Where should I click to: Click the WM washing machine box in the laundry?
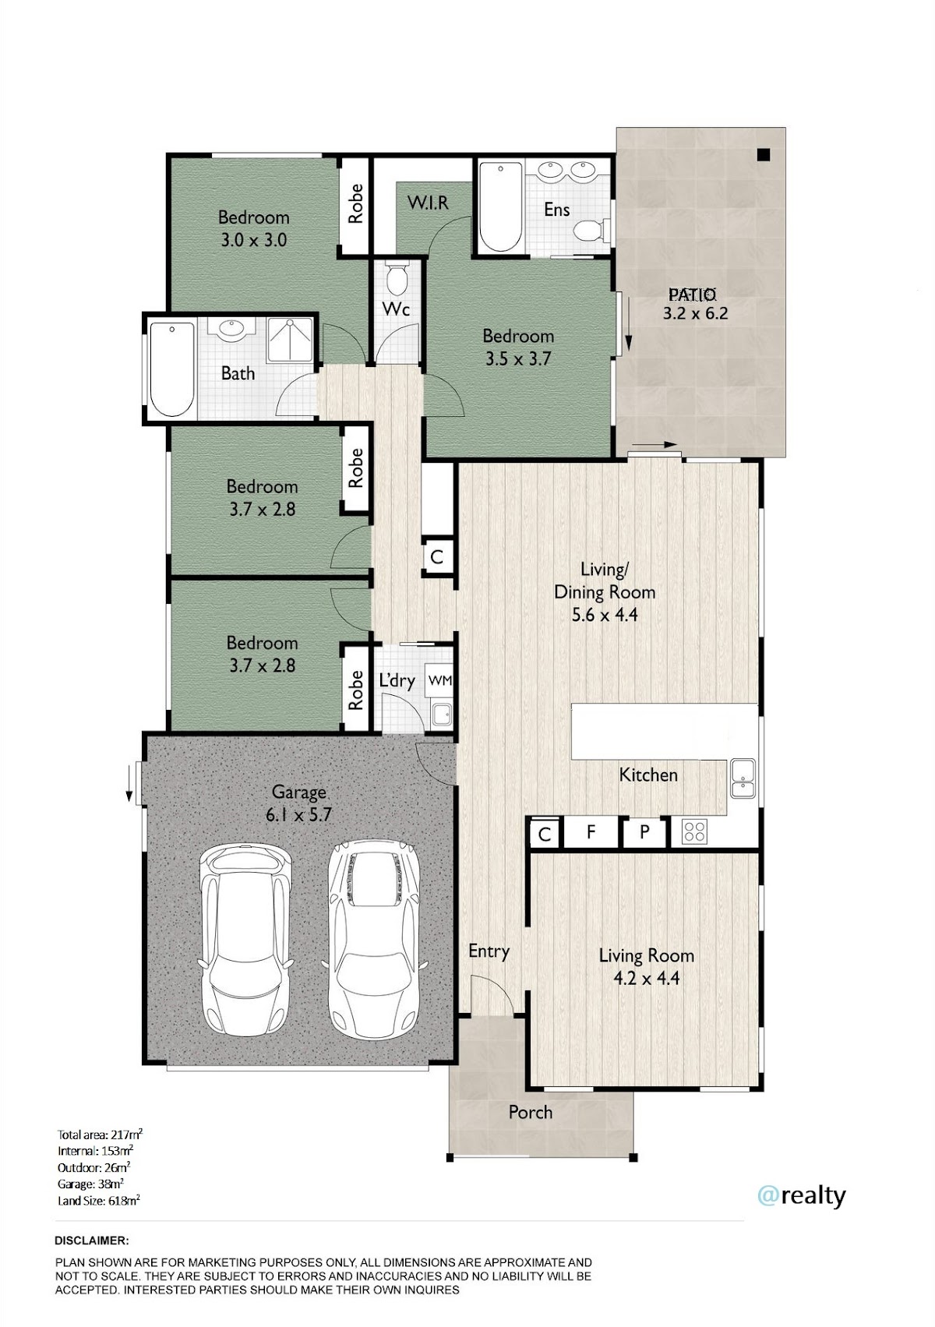pyautogui.click(x=439, y=681)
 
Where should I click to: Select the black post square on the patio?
pyautogui.click(x=763, y=154)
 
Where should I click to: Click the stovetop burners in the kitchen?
pyautogui.click(x=693, y=831)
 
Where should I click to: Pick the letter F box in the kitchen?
pyautogui.click(x=591, y=831)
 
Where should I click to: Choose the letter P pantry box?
pyautogui.click(x=644, y=831)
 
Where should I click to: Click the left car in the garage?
pyautogui.click(x=246, y=941)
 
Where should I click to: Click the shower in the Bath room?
pyautogui.click(x=290, y=340)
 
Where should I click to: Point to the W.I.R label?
pyautogui.click(x=428, y=203)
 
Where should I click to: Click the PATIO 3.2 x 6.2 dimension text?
pyautogui.click(x=694, y=304)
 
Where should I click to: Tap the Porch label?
pyautogui.click(x=531, y=1112)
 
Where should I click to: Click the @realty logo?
pyautogui.click(x=801, y=1195)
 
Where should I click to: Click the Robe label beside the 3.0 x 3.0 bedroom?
pyautogui.click(x=355, y=204)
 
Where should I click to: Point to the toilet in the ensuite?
pyautogui.click(x=592, y=230)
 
